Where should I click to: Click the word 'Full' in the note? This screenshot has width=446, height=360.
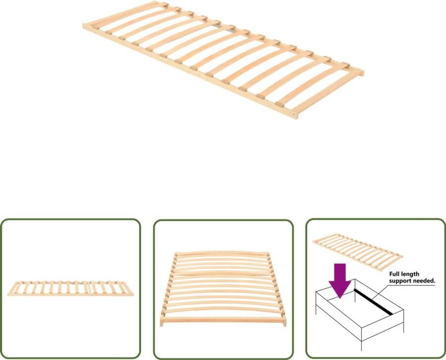coord(396,274)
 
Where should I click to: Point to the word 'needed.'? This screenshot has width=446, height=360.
coord(424,281)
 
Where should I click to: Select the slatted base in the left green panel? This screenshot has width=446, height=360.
coord(70,288)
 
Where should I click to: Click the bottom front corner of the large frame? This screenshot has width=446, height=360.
coord(295,116)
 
